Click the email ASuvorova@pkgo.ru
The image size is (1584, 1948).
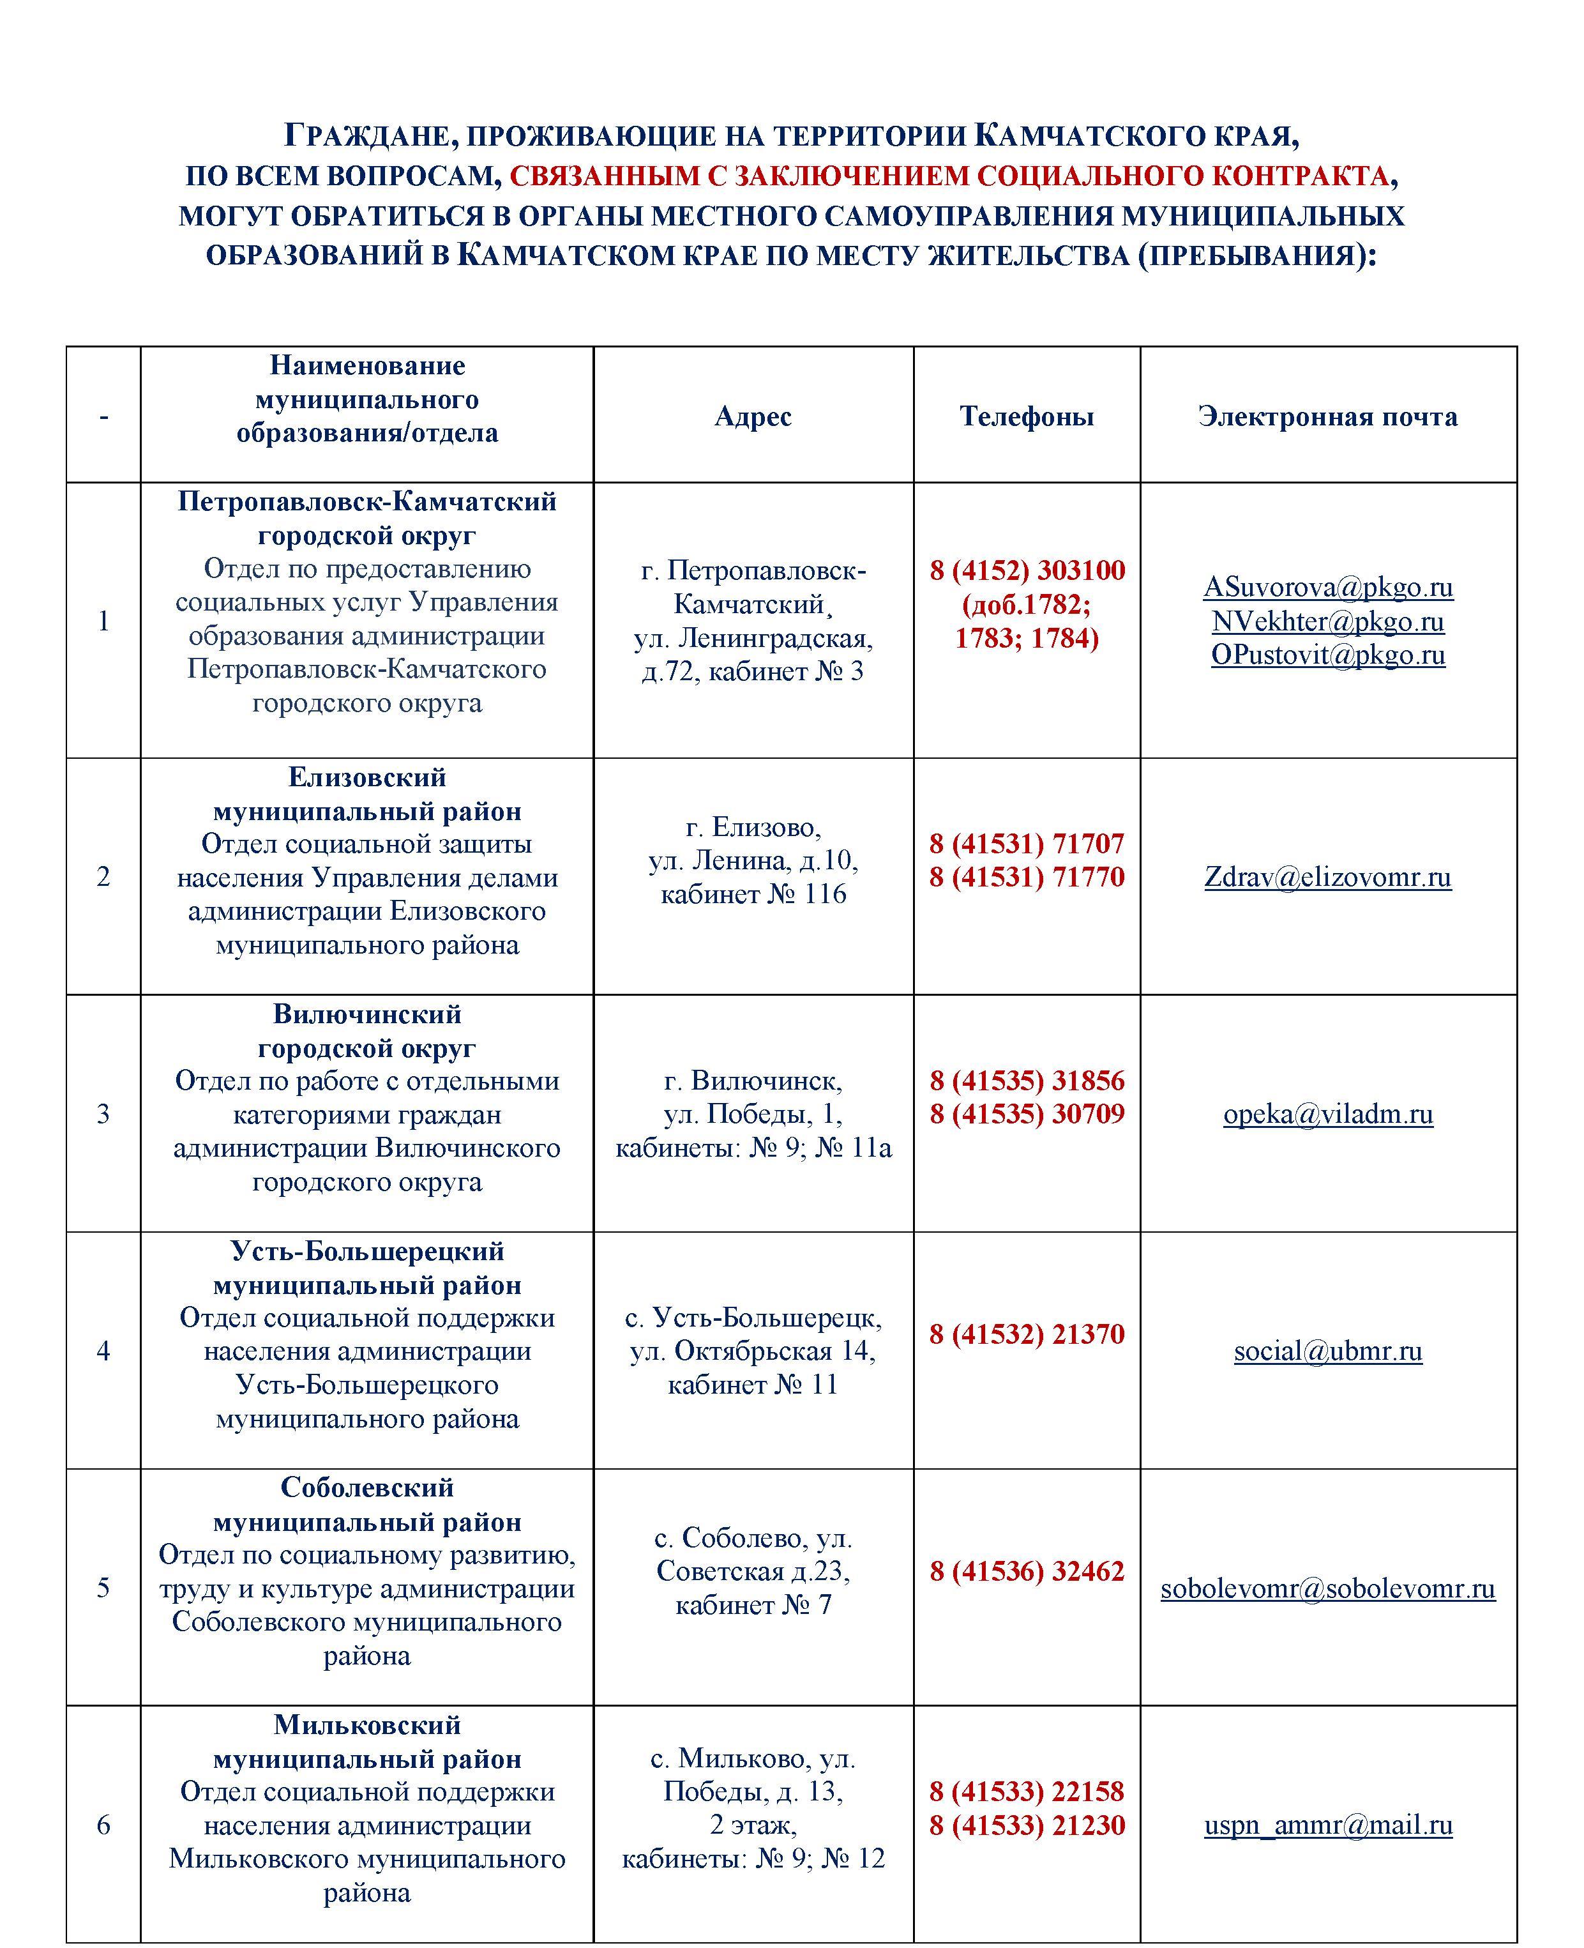[1327, 587]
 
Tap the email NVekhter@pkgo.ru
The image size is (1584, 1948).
[1327, 621]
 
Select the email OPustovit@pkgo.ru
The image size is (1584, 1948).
[1327, 655]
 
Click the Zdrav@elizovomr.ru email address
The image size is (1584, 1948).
[1327, 878]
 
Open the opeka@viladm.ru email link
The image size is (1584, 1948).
[1327, 1115]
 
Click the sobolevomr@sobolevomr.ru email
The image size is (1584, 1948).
[1327, 1588]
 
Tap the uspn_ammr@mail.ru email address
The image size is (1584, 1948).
[1327, 1825]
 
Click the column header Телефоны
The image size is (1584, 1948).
[1027, 416]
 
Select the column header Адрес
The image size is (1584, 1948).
[753, 416]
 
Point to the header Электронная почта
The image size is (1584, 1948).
[1327, 416]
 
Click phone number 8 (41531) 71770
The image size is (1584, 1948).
[1027, 878]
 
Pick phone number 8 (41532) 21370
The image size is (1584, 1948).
[1027, 1335]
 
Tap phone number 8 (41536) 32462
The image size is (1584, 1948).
[1027, 1571]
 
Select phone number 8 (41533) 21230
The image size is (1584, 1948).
[1027, 1825]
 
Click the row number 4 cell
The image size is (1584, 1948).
[103, 1351]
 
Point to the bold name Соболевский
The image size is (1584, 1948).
[367, 1488]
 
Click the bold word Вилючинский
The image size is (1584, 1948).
[367, 1014]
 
